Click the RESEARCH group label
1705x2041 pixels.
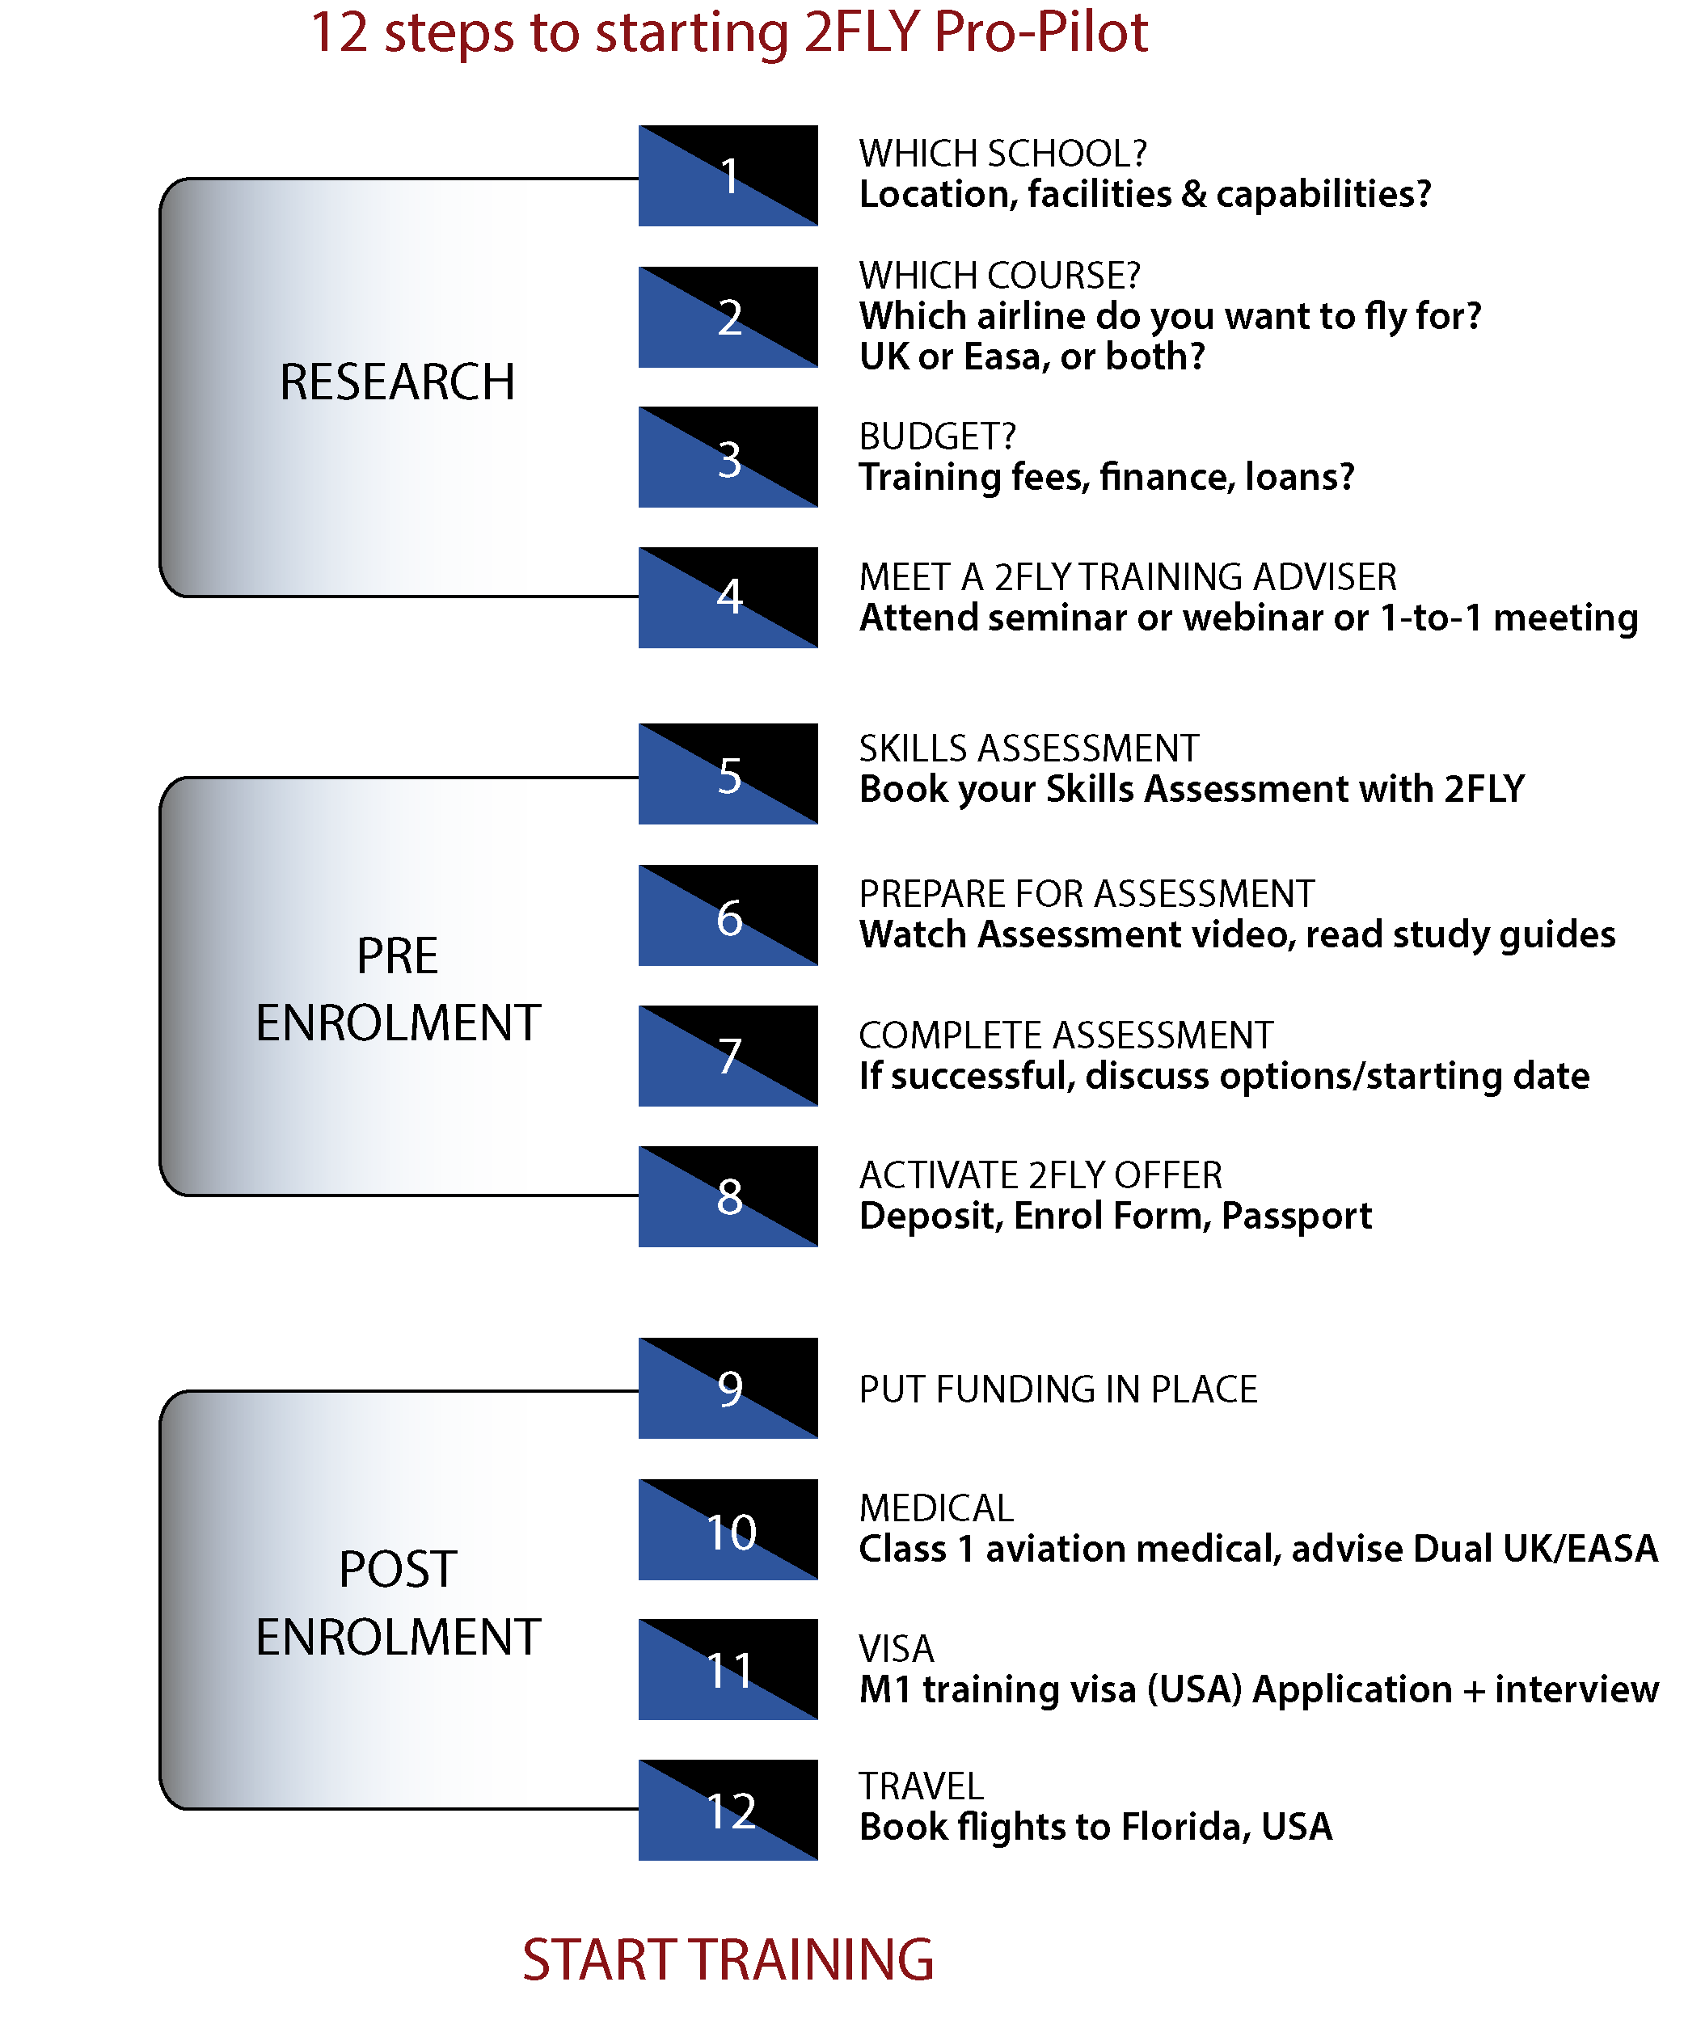coord(397,382)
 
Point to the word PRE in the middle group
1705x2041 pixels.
coord(397,956)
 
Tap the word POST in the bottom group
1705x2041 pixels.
coord(398,1569)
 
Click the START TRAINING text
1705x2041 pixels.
coord(728,1959)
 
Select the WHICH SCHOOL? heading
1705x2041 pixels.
coord(1003,154)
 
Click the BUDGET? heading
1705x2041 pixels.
coord(937,436)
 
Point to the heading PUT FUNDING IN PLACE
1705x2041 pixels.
coord(1057,1389)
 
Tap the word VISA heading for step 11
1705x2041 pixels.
coord(897,1648)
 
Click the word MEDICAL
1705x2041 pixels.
coord(936,1508)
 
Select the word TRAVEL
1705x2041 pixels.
coord(921,1786)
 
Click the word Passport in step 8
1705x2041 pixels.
coord(1296,1217)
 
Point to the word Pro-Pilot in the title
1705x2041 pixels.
coord(1040,32)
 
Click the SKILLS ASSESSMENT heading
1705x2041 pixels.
coord(1028,749)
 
